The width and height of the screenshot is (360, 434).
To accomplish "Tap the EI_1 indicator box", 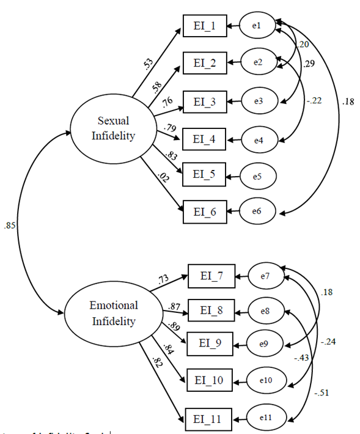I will tap(204, 27).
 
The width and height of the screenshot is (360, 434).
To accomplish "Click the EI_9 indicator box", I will tap(210, 344).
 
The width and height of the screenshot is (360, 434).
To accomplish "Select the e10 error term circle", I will tap(265, 380).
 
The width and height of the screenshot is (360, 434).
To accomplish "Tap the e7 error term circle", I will tap(265, 277).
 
